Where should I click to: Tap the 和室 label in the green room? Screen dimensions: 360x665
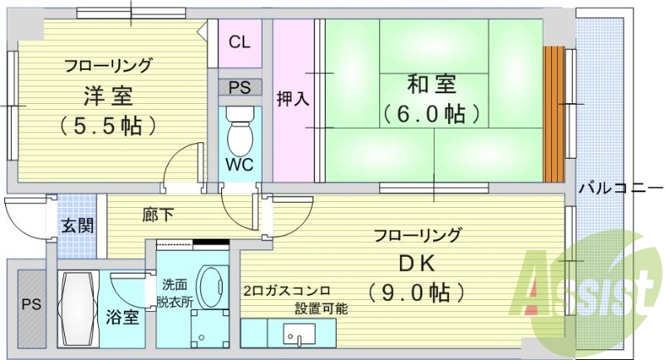[432, 84]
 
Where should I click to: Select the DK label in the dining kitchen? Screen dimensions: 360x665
[417, 264]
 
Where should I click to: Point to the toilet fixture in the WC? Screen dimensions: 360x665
[240, 128]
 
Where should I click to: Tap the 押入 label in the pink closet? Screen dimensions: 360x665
[293, 98]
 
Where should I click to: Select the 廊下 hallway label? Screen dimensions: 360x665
[158, 215]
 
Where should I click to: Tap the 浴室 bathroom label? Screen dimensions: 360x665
[122, 316]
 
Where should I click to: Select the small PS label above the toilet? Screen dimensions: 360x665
[239, 86]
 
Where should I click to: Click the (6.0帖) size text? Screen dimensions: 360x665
[432, 112]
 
